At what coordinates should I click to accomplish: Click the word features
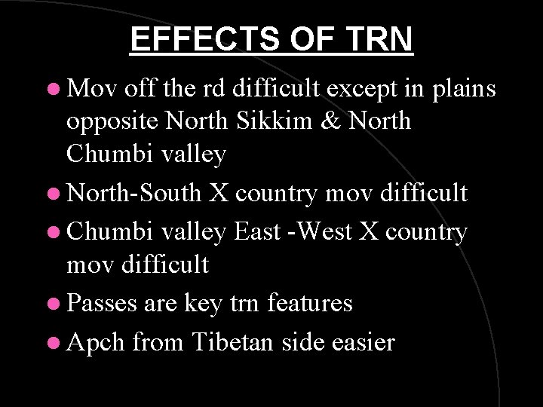click(314, 303)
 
